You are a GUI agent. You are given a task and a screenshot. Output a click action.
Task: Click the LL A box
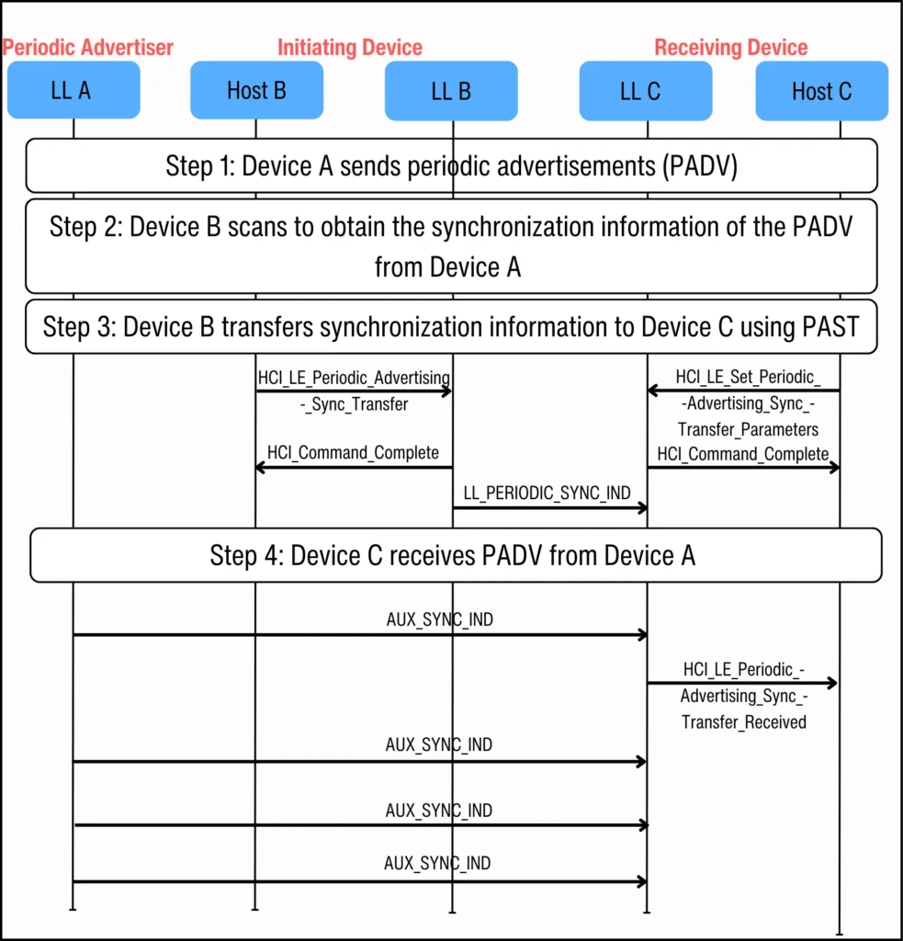point(73,90)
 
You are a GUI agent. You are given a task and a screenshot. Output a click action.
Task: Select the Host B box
point(256,90)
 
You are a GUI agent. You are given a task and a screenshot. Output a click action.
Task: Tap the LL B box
point(451,91)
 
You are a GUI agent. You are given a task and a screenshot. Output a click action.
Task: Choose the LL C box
point(645,91)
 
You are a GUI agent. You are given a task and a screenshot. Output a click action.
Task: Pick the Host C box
point(821,91)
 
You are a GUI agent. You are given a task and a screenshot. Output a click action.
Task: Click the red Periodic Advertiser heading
point(88,47)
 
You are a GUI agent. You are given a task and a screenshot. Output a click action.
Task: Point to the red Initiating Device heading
point(350,48)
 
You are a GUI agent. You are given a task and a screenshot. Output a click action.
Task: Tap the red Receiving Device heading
point(730,48)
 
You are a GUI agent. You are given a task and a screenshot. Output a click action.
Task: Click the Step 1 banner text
point(451,166)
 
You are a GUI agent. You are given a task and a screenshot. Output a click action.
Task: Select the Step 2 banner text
point(451,246)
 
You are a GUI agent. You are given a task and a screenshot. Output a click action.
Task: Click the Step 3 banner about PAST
point(451,326)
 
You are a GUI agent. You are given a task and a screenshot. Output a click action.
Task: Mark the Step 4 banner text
point(452,555)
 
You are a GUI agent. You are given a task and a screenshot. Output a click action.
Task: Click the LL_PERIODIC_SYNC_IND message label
point(547,493)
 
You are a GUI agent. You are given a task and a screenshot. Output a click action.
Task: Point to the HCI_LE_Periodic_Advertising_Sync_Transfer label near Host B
point(354,391)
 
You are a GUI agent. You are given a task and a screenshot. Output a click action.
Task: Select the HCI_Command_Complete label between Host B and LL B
point(353,452)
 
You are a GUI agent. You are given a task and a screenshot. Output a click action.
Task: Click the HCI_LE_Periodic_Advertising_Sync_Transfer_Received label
point(744,696)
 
